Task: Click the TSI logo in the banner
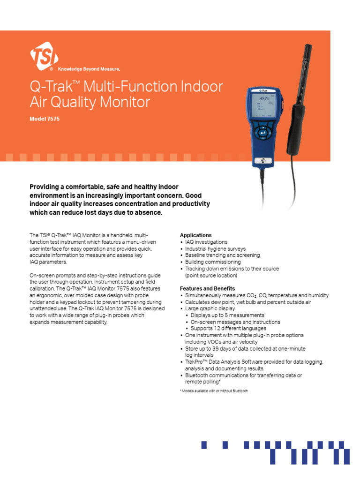44,57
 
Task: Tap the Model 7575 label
45,119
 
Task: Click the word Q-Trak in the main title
49,87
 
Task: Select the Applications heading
195,235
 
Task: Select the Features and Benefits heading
207,289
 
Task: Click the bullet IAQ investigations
206,242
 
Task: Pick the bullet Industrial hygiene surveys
215,249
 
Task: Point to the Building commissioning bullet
213,262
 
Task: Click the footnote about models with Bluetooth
214,391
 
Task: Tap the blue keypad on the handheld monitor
263,133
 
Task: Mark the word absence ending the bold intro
148,212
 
